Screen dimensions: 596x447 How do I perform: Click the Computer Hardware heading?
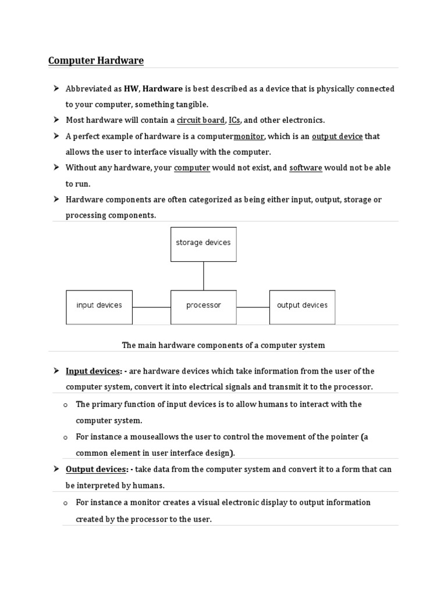pos(96,61)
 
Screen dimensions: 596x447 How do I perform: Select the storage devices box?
pos(203,243)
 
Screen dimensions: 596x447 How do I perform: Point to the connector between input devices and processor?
pos(151,307)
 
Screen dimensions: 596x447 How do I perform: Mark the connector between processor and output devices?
pos(253,307)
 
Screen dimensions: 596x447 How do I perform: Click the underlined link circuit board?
pos(200,120)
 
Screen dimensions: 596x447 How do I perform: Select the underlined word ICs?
pos(234,120)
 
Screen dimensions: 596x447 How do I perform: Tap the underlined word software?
pos(306,168)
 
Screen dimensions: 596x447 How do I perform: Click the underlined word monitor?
pos(249,136)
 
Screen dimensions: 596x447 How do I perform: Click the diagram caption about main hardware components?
pos(223,345)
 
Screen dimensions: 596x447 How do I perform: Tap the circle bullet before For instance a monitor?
pos(66,503)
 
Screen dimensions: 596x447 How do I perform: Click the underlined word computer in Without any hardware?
pos(192,168)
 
